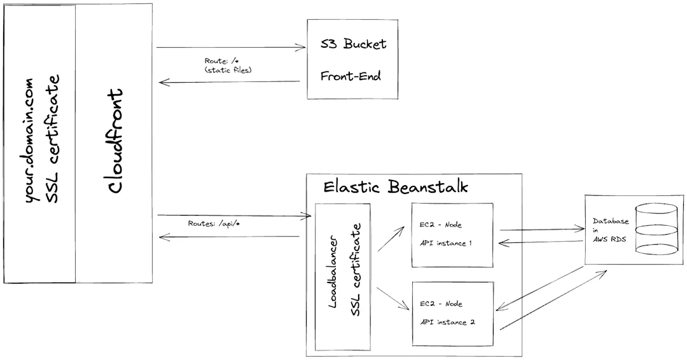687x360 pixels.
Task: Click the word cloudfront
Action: [x=114, y=141]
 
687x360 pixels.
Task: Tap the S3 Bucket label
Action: [x=353, y=45]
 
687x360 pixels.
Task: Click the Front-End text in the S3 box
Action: [x=350, y=76]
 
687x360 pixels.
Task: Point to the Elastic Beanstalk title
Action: [x=395, y=187]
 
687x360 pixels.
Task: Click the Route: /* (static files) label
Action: [x=228, y=65]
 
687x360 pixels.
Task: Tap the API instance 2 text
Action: [x=447, y=322]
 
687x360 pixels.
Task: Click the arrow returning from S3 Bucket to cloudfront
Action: [x=229, y=81]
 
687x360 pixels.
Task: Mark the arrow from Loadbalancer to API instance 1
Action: [x=392, y=238]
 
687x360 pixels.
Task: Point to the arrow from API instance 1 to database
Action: [x=541, y=229]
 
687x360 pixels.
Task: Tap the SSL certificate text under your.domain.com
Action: [x=55, y=141]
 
